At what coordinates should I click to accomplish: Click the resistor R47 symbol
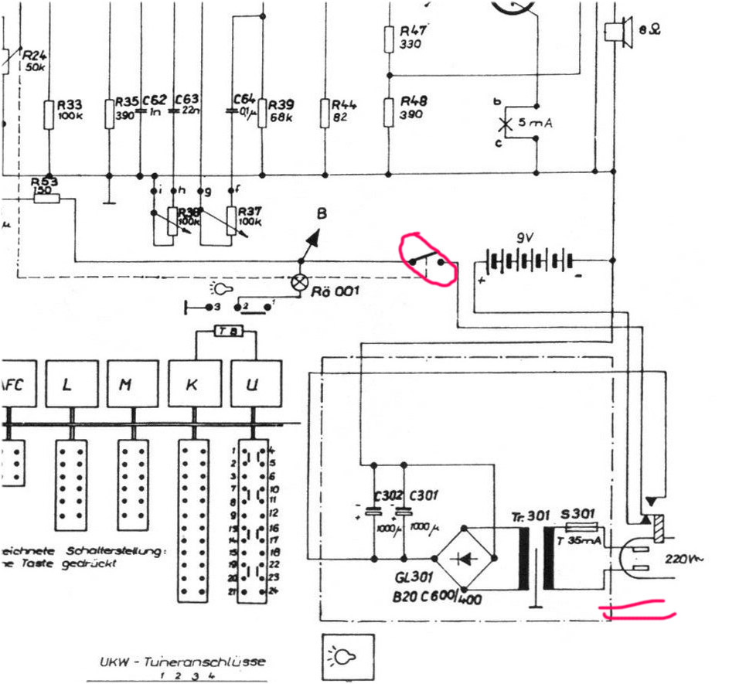[x=390, y=39]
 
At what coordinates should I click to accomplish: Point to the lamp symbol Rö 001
[x=299, y=282]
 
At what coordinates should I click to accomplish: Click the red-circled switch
[x=427, y=260]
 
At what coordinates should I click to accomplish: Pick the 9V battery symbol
[x=530, y=260]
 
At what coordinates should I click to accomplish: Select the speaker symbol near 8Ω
[x=617, y=32]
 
